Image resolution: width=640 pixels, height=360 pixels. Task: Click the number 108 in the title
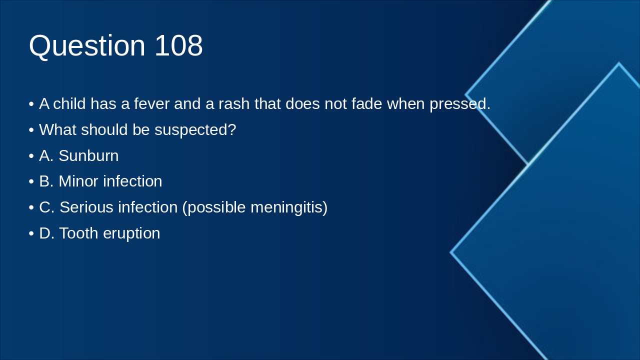click(x=178, y=45)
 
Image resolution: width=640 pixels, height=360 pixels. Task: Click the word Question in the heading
click(x=87, y=46)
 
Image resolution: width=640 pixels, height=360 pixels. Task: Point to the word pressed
click(x=459, y=104)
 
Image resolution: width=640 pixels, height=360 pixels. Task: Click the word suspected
click(x=195, y=130)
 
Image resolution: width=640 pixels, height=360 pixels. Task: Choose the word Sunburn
click(x=88, y=156)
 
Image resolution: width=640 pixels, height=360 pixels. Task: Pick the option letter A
click(x=45, y=156)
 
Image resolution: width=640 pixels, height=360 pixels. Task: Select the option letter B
click(x=45, y=181)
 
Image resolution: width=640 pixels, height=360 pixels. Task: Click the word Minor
click(x=78, y=181)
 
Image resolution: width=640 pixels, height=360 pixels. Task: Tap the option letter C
click(x=46, y=207)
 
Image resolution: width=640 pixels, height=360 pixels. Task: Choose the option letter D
click(x=46, y=233)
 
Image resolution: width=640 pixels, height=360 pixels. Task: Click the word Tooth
click(x=78, y=233)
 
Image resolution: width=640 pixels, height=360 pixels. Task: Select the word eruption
click(x=131, y=234)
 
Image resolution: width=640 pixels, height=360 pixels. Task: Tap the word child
click(x=69, y=104)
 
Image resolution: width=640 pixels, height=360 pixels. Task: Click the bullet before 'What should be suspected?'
click(x=31, y=130)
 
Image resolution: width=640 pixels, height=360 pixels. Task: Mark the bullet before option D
click(x=31, y=233)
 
